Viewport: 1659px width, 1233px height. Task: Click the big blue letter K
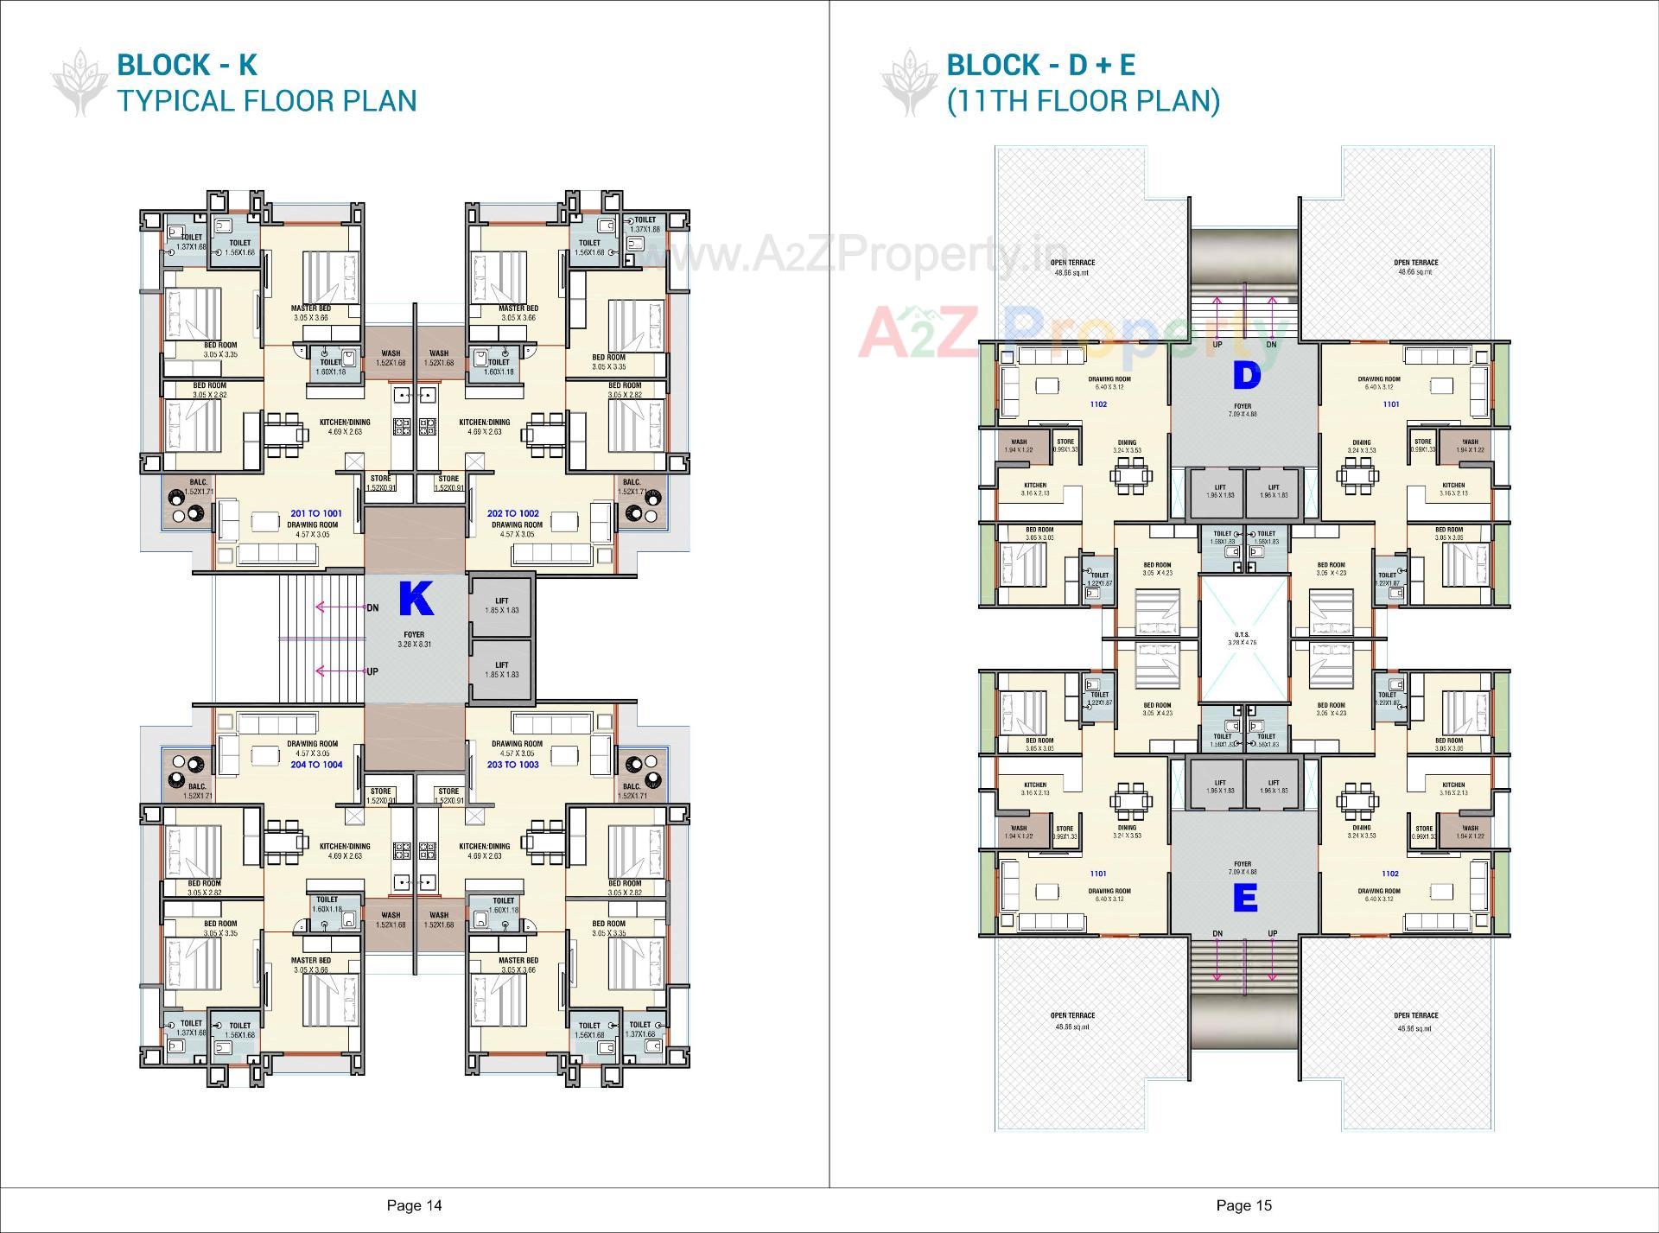click(416, 599)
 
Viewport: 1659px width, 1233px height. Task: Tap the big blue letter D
click(1246, 375)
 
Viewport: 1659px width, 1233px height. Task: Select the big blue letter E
click(1244, 899)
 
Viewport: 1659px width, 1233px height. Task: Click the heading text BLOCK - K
click(187, 65)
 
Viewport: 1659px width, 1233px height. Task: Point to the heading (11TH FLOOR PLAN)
click(1083, 101)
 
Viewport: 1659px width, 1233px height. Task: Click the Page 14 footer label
click(414, 1205)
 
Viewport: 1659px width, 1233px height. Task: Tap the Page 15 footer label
click(1243, 1205)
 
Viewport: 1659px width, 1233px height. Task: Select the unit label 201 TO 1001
click(315, 513)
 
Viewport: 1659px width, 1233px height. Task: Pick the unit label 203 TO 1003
click(512, 765)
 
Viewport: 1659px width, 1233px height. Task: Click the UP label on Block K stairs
click(372, 671)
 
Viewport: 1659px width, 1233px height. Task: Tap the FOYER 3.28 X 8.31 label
click(414, 639)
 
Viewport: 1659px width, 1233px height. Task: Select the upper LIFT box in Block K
click(501, 605)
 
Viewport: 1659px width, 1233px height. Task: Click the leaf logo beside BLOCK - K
click(79, 83)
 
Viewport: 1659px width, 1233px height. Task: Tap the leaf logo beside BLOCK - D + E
click(909, 83)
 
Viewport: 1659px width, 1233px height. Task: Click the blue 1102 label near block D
click(1098, 404)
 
